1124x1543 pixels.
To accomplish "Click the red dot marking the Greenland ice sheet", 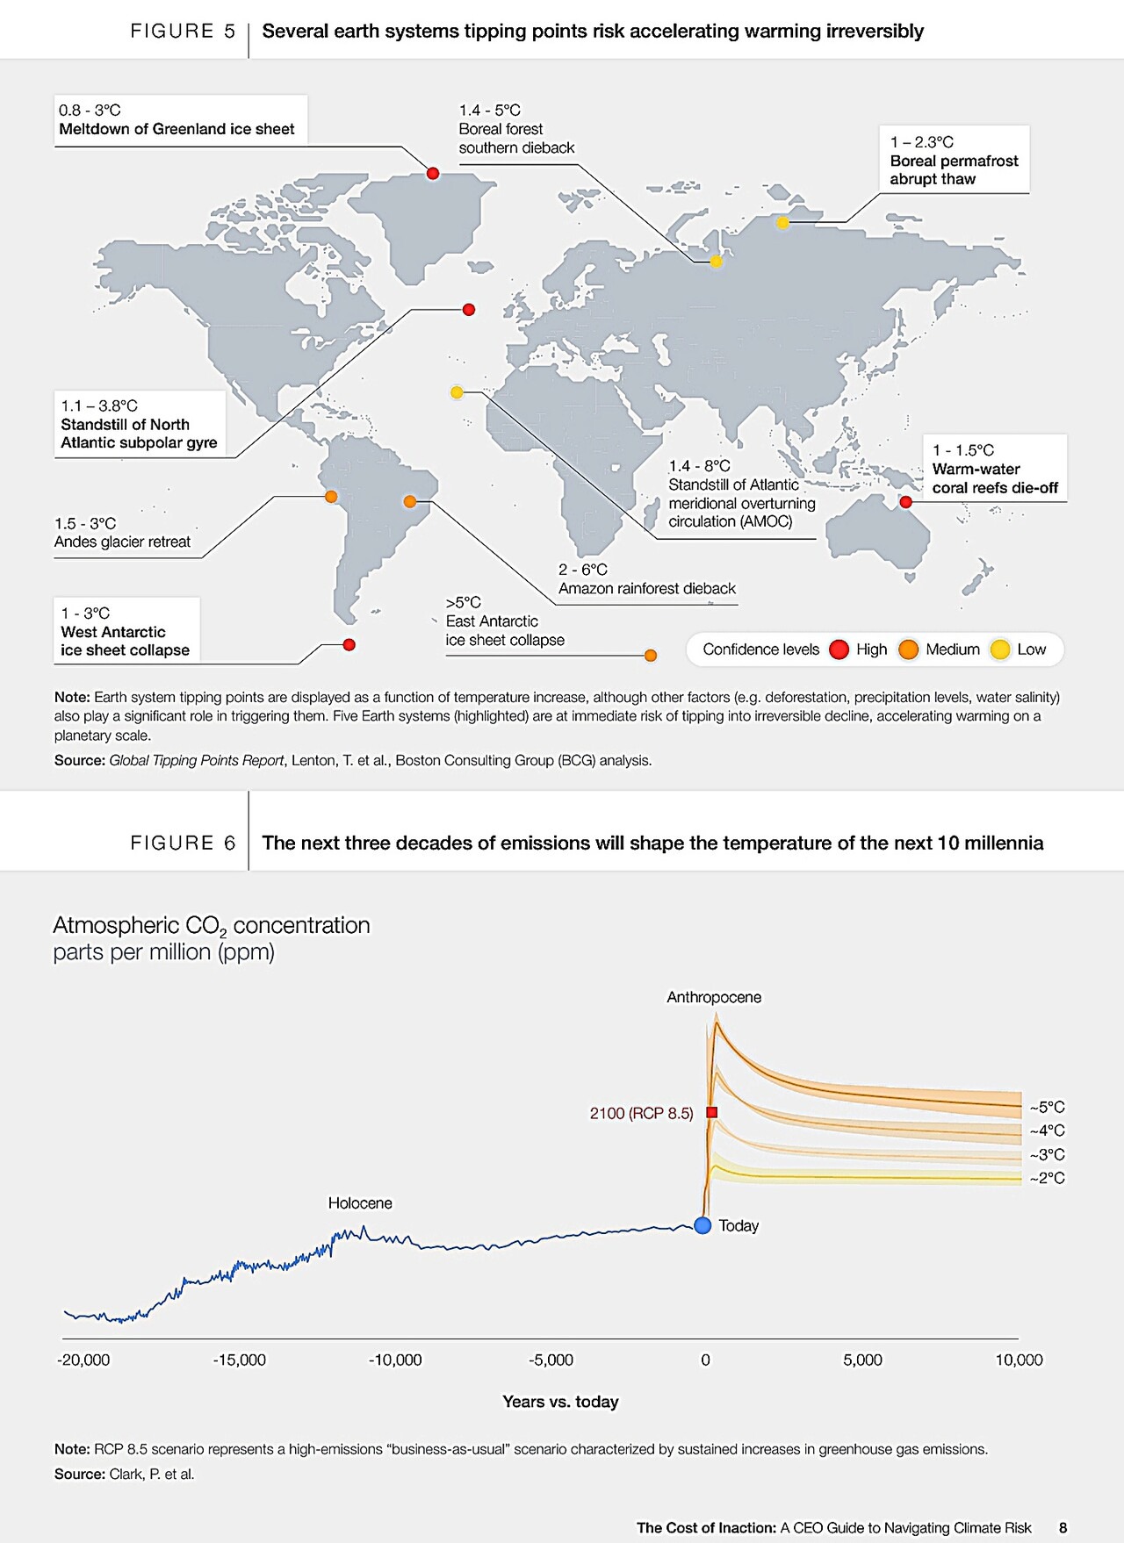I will point(433,174).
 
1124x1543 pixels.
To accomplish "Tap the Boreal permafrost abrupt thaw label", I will point(954,161).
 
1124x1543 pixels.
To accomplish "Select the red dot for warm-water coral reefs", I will point(906,502).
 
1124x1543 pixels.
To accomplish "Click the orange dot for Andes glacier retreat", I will point(331,497).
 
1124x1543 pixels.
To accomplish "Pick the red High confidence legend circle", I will point(839,649).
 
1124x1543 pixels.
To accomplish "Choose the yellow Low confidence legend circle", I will point(999,649).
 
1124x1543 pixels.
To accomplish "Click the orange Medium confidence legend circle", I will point(908,649).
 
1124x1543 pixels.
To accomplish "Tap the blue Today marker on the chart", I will point(702,1225).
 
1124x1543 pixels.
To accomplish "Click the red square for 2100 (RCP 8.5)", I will point(712,1113).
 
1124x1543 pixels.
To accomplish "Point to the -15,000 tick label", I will point(239,1360).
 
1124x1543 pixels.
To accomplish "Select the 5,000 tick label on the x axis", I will point(862,1360).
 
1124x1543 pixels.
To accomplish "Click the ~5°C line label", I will point(1047,1108).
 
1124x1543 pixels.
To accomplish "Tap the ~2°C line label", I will point(1047,1179).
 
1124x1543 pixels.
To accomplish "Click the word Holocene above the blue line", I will point(360,1203).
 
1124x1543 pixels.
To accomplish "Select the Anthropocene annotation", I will point(714,998).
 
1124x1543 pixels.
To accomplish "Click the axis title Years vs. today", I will point(560,1402).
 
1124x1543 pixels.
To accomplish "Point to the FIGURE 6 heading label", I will point(183,843).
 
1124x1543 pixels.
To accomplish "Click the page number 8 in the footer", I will point(1063,1528).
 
